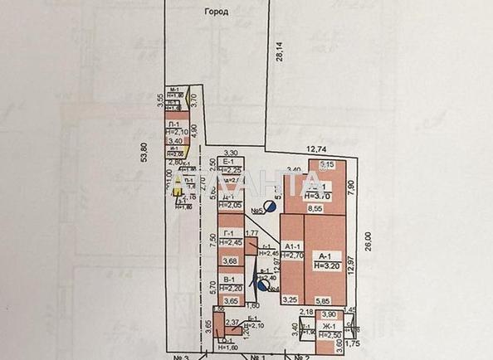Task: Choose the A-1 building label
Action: point(325,256)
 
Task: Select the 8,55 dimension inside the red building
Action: point(315,211)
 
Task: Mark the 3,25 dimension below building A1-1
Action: point(290,299)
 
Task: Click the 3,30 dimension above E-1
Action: point(232,153)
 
